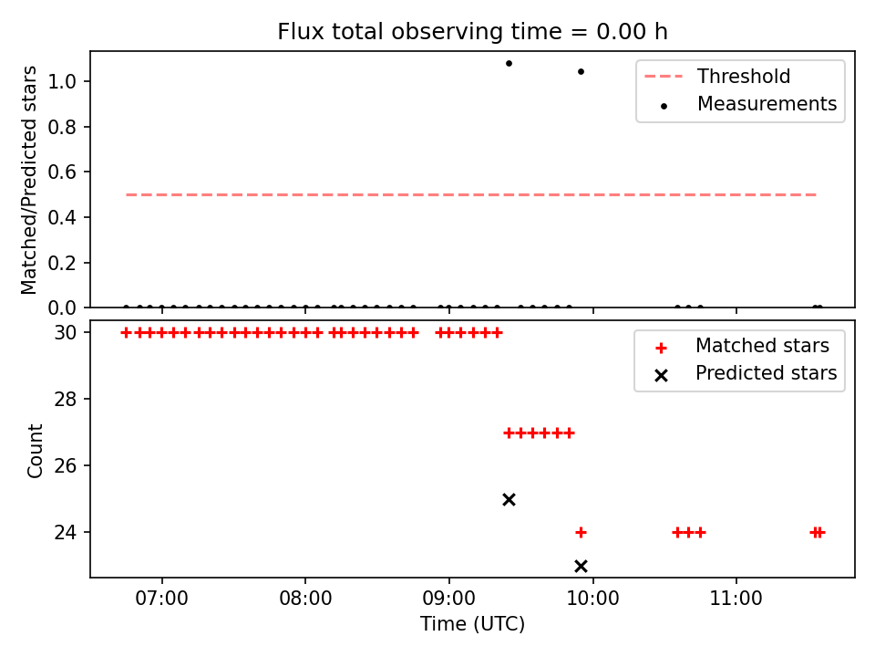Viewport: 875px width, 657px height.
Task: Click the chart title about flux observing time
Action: coord(472,31)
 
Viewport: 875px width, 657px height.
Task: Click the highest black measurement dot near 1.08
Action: coord(509,64)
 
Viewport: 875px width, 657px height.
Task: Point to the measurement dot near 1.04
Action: coord(581,71)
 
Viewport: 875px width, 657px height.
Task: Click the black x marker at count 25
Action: coord(509,499)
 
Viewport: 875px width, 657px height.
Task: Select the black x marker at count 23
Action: coord(581,567)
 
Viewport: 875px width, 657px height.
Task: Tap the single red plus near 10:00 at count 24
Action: coord(581,532)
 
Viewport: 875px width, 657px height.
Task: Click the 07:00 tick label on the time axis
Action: coord(162,599)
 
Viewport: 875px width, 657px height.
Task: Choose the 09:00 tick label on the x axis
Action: coord(448,599)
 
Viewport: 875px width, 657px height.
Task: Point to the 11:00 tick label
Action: coord(736,599)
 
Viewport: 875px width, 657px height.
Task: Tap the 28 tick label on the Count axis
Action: coord(65,400)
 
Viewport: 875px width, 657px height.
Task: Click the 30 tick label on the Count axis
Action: coord(65,333)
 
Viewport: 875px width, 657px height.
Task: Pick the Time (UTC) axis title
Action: coord(472,623)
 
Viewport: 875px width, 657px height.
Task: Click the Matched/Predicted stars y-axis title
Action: coord(28,180)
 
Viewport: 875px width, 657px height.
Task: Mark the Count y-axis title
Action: coord(35,450)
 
